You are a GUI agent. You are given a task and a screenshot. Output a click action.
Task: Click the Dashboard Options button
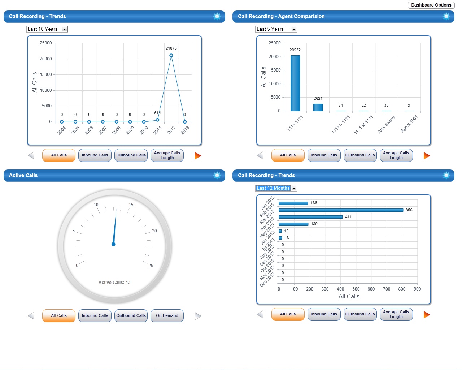tap(431, 5)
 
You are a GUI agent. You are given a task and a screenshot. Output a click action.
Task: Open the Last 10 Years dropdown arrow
tap(65, 29)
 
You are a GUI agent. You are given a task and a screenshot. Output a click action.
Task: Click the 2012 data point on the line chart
tap(171, 56)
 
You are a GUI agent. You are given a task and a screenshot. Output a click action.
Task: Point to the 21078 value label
tap(171, 48)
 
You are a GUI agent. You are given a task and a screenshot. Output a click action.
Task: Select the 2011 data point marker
tap(157, 120)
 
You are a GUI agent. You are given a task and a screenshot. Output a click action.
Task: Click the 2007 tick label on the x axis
tap(103, 130)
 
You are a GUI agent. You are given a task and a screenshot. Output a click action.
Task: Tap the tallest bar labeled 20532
tap(295, 83)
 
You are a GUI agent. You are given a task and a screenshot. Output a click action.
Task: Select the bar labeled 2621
tap(318, 108)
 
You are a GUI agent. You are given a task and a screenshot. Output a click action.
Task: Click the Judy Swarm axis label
tap(387, 124)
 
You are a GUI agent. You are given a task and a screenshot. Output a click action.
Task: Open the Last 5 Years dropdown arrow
tap(294, 29)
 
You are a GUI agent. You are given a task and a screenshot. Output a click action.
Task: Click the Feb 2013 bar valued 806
tap(341, 210)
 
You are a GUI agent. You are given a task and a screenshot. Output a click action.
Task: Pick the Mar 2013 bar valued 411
tap(311, 217)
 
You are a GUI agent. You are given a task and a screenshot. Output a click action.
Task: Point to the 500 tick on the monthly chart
tap(356, 289)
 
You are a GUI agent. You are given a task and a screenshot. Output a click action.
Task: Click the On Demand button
tap(167, 315)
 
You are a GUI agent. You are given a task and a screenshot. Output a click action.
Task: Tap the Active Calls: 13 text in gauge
tap(114, 283)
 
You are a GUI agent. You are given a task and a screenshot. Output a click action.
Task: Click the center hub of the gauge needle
tap(113, 244)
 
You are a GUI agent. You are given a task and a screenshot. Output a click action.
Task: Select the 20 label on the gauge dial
tap(154, 231)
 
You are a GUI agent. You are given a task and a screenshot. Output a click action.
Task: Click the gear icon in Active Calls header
tap(217, 176)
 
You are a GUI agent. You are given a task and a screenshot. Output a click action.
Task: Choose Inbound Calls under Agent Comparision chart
tap(324, 155)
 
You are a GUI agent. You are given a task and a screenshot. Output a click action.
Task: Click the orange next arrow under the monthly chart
tap(427, 314)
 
